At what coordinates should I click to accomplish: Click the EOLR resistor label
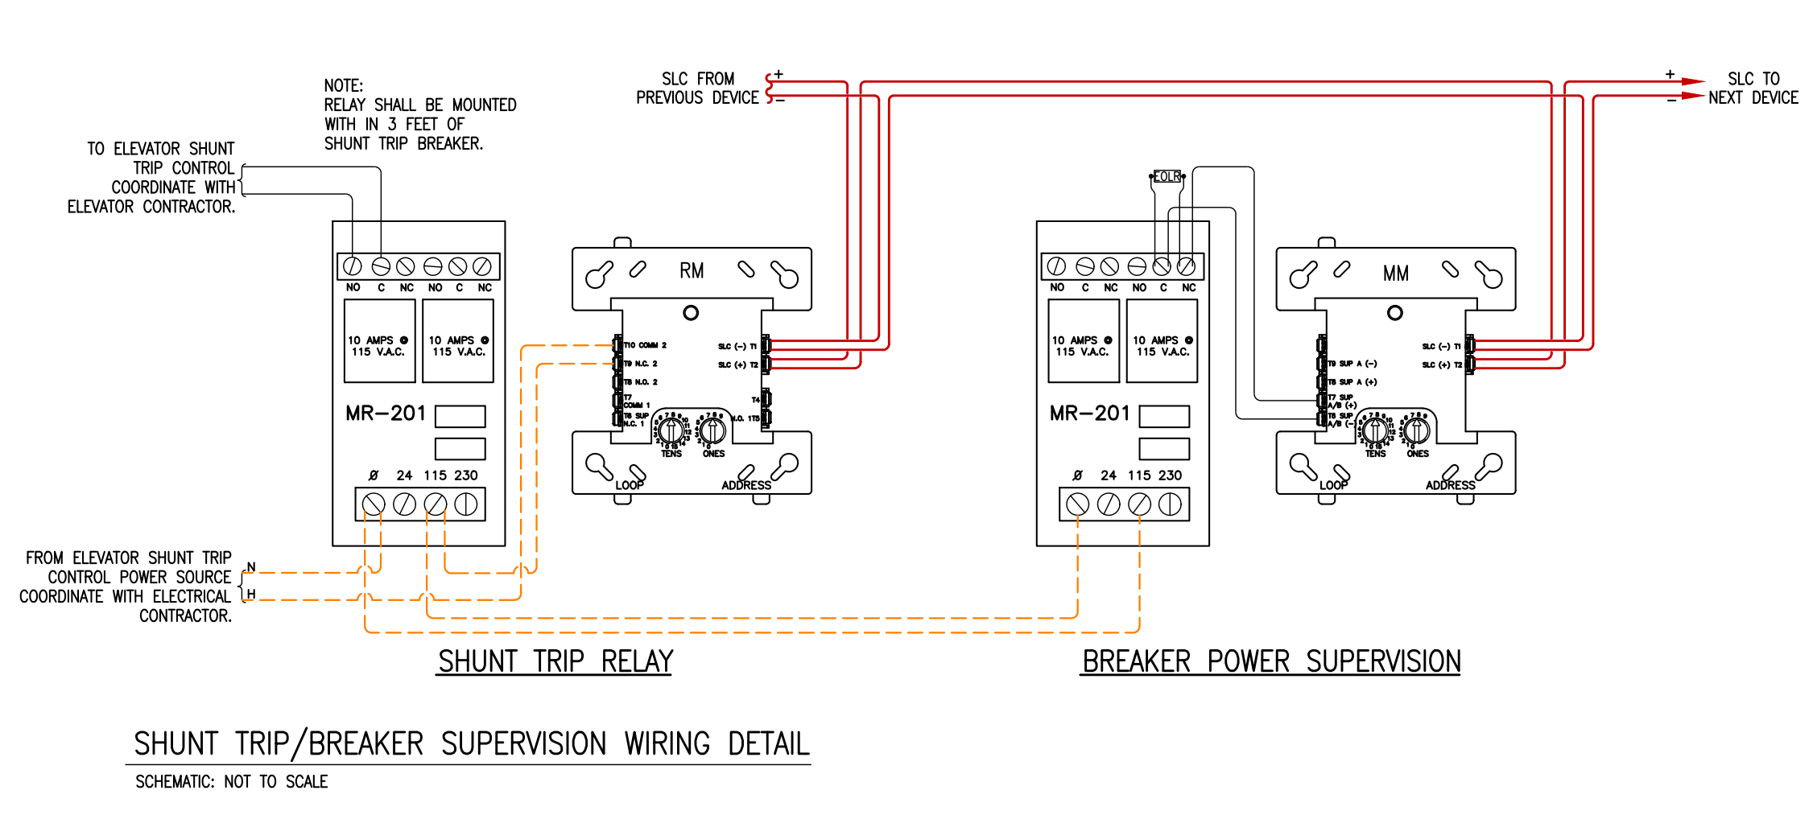[x=1167, y=176]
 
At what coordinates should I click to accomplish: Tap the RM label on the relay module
[x=692, y=271]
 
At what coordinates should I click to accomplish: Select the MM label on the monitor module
[x=1396, y=274]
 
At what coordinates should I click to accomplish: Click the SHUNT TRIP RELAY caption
[x=555, y=661]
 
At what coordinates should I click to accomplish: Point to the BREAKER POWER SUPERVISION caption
[x=1270, y=661]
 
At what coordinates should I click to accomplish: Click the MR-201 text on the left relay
[x=385, y=414]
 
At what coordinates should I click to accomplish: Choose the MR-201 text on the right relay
[x=1089, y=414]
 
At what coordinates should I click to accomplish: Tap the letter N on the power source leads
[x=251, y=567]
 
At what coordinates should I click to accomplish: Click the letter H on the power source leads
[x=251, y=595]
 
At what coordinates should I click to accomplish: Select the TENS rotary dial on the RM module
[x=671, y=430]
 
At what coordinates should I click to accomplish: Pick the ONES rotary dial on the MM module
[x=1418, y=430]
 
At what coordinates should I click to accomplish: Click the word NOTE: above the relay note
[x=344, y=86]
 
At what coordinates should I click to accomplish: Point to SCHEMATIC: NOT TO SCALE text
[x=231, y=782]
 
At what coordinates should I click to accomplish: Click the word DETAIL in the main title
[x=768, y=744]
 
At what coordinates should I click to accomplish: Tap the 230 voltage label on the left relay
[x=465, y=475]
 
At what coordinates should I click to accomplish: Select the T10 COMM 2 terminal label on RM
[x=645, y=345]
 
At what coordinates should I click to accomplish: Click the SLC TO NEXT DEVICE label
[x=1753, y=88]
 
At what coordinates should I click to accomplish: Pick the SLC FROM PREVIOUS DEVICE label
[x=697, y=88]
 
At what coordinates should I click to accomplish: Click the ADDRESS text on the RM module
[x=745, y=485]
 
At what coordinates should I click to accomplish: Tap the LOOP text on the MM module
[x=1333, y=485]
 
